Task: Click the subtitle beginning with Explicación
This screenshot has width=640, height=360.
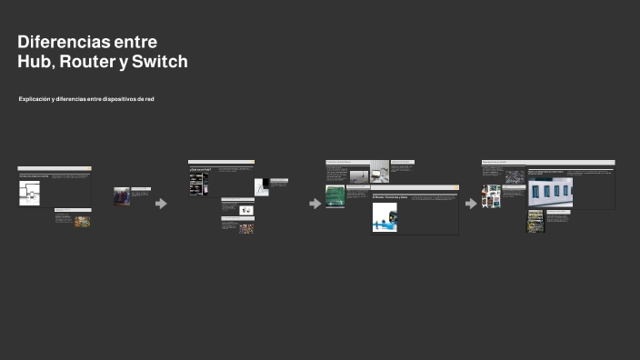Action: (86, 98)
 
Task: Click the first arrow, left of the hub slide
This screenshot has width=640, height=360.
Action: (162, 203)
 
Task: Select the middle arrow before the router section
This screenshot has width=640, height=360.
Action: (315, 203)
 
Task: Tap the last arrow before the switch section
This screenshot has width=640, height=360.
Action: (471, 203)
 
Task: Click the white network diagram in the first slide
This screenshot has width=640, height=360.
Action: (29, 192)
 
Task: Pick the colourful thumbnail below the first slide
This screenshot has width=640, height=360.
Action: (83, 221)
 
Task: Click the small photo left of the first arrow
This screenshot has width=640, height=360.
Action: (121, 196)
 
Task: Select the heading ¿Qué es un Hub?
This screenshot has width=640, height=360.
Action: (200, 170)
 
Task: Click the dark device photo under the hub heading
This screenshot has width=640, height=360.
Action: (198, 185)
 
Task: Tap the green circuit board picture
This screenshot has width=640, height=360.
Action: (335, 196)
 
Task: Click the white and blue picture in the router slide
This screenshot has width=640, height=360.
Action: (385, 217)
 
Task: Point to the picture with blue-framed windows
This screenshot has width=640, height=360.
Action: (550, 192)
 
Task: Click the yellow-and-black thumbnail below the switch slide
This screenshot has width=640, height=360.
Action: (535, 221)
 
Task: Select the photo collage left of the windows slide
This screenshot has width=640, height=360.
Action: (492, 195)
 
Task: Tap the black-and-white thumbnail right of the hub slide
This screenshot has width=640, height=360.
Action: (262, 188)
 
